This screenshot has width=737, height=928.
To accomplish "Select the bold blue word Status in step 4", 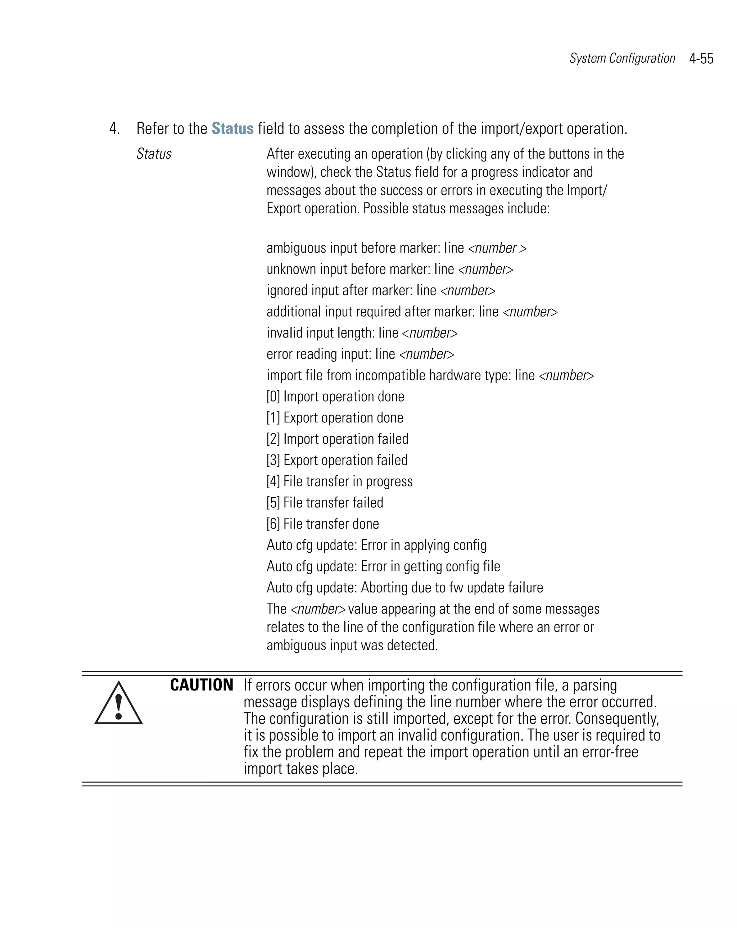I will pyautogui.click(x=232, y=129).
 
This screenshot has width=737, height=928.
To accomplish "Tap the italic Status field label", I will pyautogui.click(x=154, y=154).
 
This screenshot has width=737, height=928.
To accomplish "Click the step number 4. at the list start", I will pyautogui.click(x=114, y=129).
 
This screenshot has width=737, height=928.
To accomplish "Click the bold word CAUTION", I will pyautogui.click(x=202, y=685).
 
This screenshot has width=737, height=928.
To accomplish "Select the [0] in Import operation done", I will pyautogui.click(x=273, y=397).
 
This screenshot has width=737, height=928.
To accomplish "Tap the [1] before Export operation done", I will pyautogui.click(x=273, y=417).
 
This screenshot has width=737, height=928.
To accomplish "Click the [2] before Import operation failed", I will pyautogui.click(x=273, y=439).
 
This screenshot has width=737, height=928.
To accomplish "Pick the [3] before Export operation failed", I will pyautogui.click(x=273, y=460).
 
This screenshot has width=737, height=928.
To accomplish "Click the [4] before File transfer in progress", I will pyautogui.click(x=273, y=481).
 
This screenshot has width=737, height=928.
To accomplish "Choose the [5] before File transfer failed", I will pyautogui.click(x=273, y=503).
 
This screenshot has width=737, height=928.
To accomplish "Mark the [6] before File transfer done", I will pyautogui.click(x=273, y=524).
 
